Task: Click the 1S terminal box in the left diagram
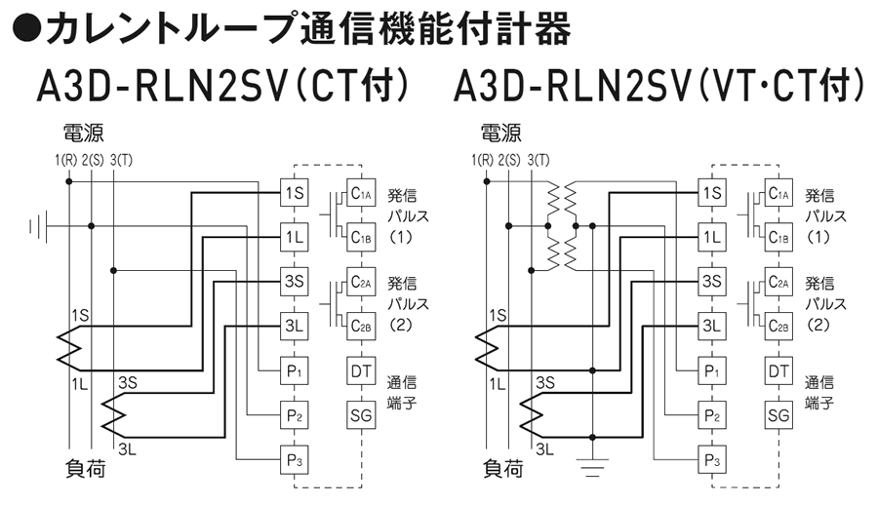pyautogui.click(x=295, y=192)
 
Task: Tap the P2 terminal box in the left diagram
pyautogui.click(x=295, y=415)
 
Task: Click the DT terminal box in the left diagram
pyautogui.click(x=360, y=370)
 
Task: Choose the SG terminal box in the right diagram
pyautogui.click(x=778, y=415)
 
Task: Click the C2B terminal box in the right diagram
pyautogui.click(x=778, y=326)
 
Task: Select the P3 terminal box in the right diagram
pyautogui.click(x=713, y=459)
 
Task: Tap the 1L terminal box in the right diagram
pyautogui.click(x=713, y=237)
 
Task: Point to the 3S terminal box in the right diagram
pyautogui.click(x=713, y=282)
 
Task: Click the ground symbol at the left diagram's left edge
pyautogui.click(x=38, y=226)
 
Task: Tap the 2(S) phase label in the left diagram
pyautogui.click(x=94, y=159)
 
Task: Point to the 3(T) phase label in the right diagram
pyautogui.click(x=538, y=159)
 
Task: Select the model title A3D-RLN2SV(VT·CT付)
pyautogui.click(x=659, y=88)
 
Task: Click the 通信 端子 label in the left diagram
pyautogui.click(x=401, y=392)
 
